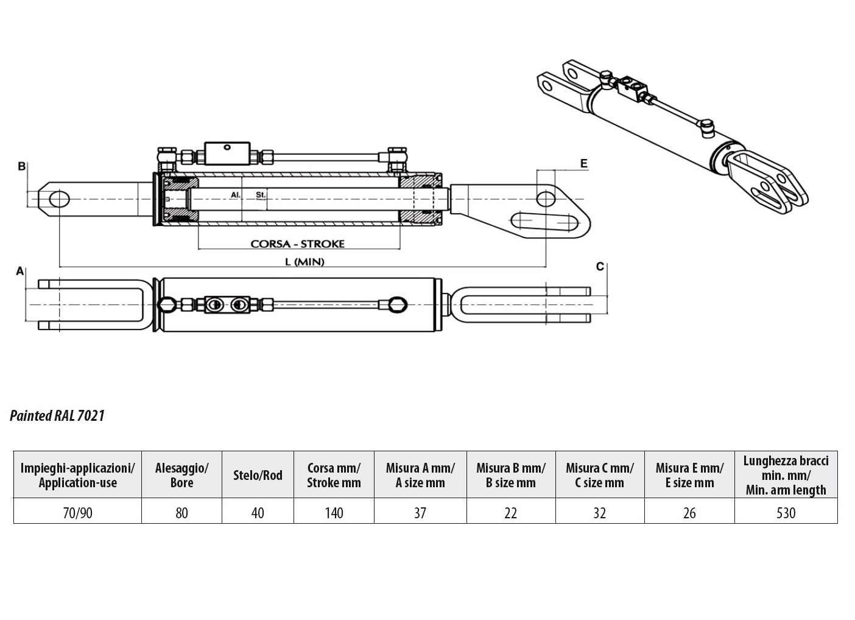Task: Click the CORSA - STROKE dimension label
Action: pyautogui.click(x=297, y=244)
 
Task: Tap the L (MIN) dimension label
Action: pyautogui.click(x=304, y=262)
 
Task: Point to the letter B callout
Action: pyautogui.click(x=22, y=166)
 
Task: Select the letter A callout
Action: pyautogui.click(x=20, y=271)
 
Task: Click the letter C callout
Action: pyautogui.click(x=600, y=267)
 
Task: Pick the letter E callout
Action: pyautogui.click(x=583, y=163)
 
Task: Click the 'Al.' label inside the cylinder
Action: pyautogui.click(x=236, y=195)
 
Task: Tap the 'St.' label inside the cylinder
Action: pyautogui.click(x=261, y=195)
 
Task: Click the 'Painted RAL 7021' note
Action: pyautogui.click(x=57, y=416)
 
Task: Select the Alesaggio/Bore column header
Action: pyautogui.click(x=181, y=475)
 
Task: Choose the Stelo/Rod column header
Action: pyautogui.click(x=258, y=475)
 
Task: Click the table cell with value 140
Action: pyautogui.click(x=334, y=513)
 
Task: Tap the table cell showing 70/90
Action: pyautogui.click(x=77, y=513)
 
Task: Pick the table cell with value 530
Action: pyautogui.click(x=786, y=513)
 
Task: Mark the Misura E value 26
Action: pyautogui.click(x=689, y=513)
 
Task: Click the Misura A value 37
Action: pyautogui.click(x=420, y=513)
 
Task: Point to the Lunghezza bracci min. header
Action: pyautogui.click(x=786, y=475)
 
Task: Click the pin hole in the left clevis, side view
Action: pyautogui.click(x=59, y=199)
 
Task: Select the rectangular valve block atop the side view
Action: pyautogui.click(x=227, y=153)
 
